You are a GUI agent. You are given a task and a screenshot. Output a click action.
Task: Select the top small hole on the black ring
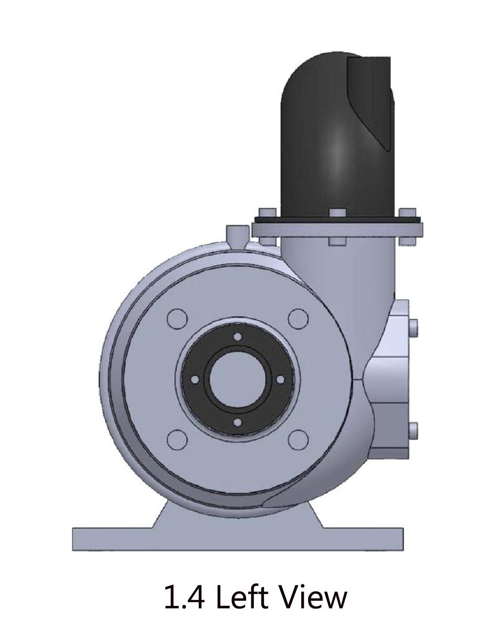click(x=238, y=337)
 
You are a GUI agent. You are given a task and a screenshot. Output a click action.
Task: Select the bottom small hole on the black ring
click(x=238, y=422)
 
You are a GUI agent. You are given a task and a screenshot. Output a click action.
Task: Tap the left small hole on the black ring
click(x=195, y=380)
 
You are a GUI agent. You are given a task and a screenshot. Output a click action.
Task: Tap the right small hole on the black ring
click(x=280, y=380)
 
